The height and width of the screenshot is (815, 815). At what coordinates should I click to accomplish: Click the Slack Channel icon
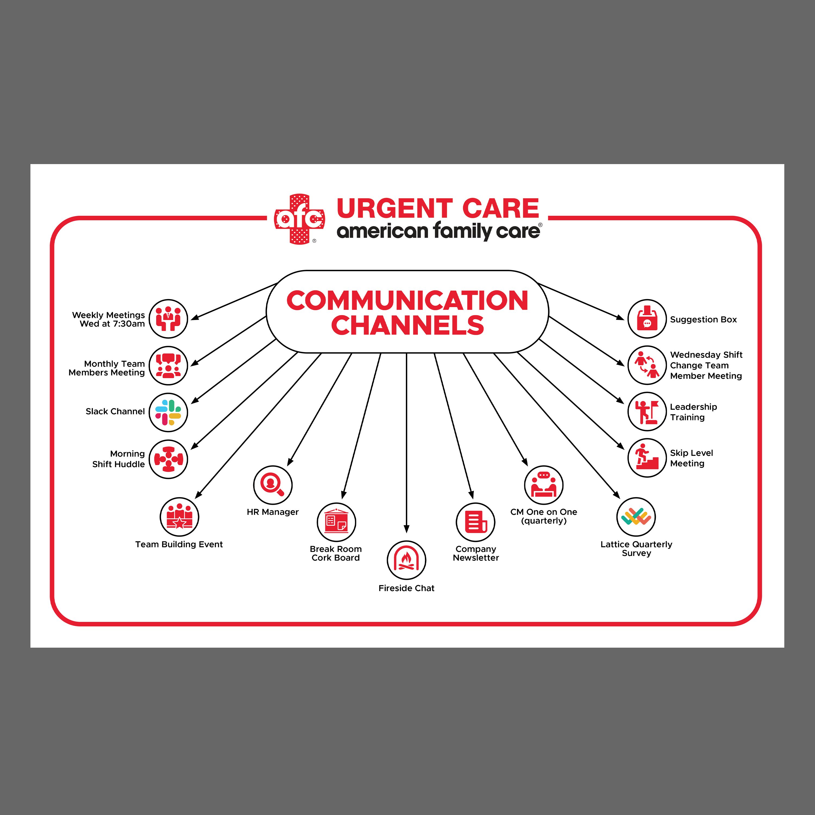click(168, 412)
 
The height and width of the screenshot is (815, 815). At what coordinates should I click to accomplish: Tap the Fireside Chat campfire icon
click(406, 560)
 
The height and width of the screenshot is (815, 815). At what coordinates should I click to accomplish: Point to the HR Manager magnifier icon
click(272, 485)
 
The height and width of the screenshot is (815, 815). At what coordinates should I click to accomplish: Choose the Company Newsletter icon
click(475, 522)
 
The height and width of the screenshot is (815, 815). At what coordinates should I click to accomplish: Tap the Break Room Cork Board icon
click(336, 522)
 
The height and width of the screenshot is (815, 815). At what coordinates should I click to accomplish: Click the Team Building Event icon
click(179, 517)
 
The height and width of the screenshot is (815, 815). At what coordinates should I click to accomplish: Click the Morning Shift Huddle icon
click(168, 459)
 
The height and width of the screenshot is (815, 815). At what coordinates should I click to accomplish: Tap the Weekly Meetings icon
click(168, 319)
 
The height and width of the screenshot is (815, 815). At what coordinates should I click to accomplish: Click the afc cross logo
click(299, 219)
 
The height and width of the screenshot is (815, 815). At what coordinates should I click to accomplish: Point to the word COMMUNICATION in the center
click(407, 300)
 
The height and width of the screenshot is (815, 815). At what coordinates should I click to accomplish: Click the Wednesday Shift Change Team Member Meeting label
click(706, 365)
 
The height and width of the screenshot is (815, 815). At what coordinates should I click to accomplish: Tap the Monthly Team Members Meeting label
click(107, 368)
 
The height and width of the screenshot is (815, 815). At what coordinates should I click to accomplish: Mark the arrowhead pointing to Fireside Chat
click(406, 529)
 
